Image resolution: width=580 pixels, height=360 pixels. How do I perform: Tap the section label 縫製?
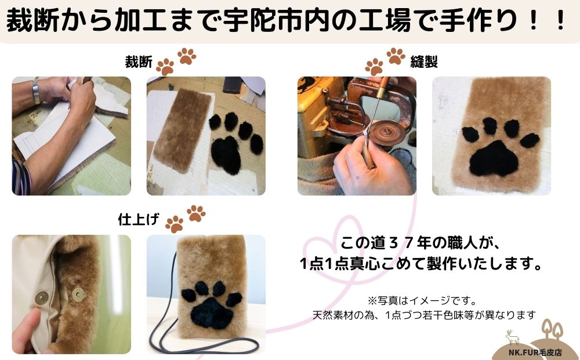pyautogui.click(x=423, y=62)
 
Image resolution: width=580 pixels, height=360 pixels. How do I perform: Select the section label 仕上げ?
pyautogui.click(x=137, y=220)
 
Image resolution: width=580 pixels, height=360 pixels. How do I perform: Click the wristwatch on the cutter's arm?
pyautogui.click(x=36, y=91)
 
